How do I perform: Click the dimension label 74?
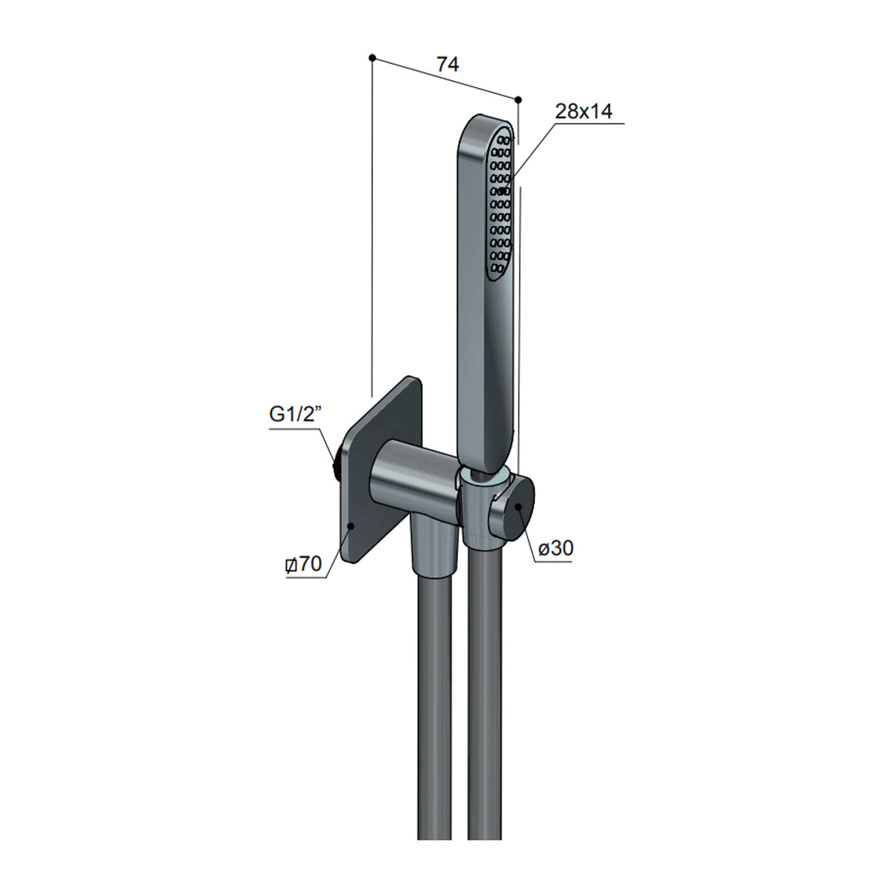[448, 65]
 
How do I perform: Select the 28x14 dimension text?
[584, 111]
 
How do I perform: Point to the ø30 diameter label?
[556, 549]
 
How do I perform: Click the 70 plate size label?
[304, 564]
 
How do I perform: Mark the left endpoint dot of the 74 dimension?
[372, 58]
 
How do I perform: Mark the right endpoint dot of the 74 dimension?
[518, 99]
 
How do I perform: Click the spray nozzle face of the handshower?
[499, 203]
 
